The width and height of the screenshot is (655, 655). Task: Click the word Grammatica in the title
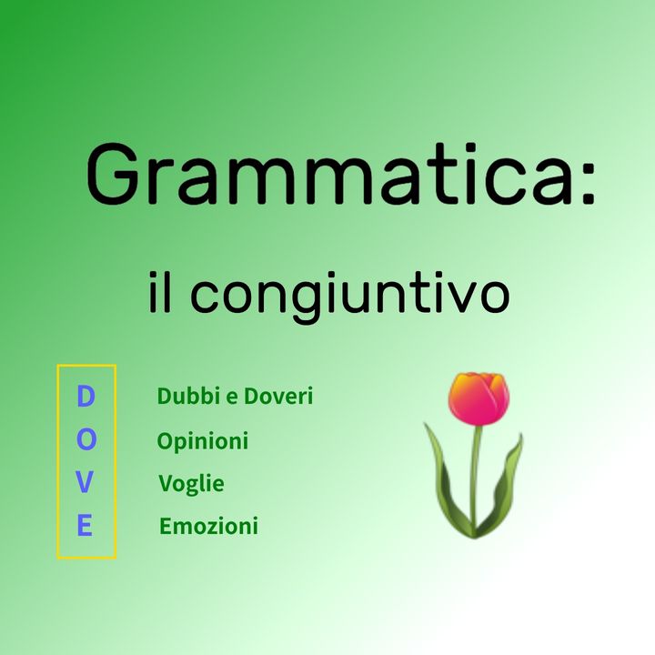(327, 175)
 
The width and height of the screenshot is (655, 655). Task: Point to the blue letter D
(86, 397)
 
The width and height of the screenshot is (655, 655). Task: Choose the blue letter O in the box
(86, 440)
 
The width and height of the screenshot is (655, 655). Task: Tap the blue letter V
(86, 483)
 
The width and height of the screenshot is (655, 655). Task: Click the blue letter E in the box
(86, 526)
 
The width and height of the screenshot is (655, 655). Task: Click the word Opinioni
(203, 441)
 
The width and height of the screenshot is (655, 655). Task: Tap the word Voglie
(191, 484)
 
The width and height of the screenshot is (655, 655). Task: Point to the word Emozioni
(208, 526)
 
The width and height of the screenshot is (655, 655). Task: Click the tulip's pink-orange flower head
(479, 398)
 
